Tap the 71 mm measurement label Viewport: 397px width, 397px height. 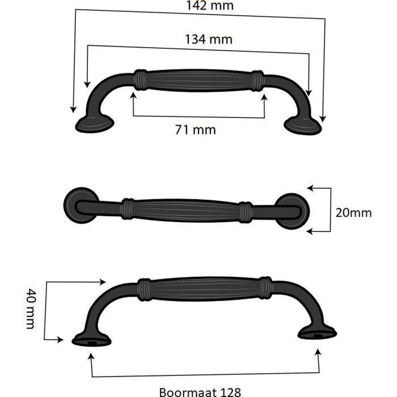point(196,130)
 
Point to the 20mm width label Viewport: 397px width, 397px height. point(353,213)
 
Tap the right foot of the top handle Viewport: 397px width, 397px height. point(302,125)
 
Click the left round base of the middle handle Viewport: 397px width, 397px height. point(79,205)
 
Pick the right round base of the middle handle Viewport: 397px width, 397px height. point(292,211)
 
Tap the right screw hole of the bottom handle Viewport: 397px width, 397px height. point(317,335)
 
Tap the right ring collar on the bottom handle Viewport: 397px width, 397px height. point(266,289)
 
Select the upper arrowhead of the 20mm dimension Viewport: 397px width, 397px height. point(310,187)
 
